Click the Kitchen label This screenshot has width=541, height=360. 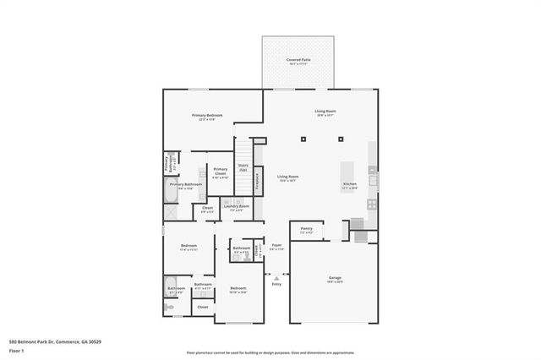(x=350, y=185)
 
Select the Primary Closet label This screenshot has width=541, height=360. (x=221, y=173)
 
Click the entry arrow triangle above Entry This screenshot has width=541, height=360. (x=276, y=275)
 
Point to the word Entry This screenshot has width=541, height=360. (x=276, y=284)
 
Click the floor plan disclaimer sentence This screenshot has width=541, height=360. (x=270, y=352)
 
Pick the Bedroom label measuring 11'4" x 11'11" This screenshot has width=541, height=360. (x=188, y=249)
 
